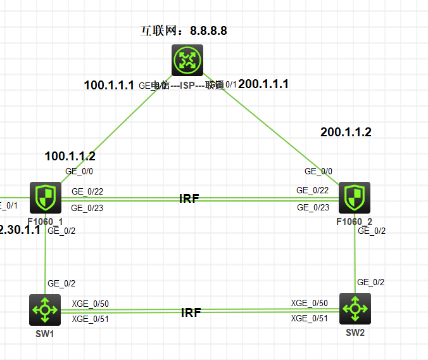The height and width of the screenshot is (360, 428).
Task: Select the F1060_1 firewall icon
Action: [x=45, y=197]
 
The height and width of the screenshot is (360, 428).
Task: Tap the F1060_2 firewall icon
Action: [x=355, y=198]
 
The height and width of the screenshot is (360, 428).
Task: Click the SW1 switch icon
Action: [x=45, y=309]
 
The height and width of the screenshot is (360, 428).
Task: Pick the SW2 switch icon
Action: [x=355, y=309]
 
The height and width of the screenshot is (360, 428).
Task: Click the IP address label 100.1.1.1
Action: [x=109, y=85]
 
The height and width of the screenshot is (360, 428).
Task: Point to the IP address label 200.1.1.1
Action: [x=263, y=84]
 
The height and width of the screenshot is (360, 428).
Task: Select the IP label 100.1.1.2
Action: [x=70, y=157]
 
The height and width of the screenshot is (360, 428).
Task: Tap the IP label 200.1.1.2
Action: [x=346, y=132]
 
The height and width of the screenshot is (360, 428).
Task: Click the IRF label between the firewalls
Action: [x=189, y=199]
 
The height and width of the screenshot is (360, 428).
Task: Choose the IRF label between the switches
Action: [x=191, y=312]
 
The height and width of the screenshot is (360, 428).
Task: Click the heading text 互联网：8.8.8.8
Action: [x=183, y=31]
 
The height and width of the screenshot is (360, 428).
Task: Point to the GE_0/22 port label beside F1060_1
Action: [x=87, y=191]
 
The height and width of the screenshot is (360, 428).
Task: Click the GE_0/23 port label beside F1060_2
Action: [x=313, y=207]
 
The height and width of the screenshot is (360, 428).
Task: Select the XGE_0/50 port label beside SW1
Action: [x=91, y=304]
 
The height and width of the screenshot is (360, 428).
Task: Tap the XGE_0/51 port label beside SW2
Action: [x=309, y=318]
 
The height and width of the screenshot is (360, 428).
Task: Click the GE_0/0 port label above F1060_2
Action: [x=318, y=171]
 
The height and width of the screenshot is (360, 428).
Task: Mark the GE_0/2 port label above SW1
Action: [x=61, y=283]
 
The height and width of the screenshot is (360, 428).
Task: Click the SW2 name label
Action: [x=356, y=333]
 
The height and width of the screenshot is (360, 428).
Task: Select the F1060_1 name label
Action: [x=45, y=221]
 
